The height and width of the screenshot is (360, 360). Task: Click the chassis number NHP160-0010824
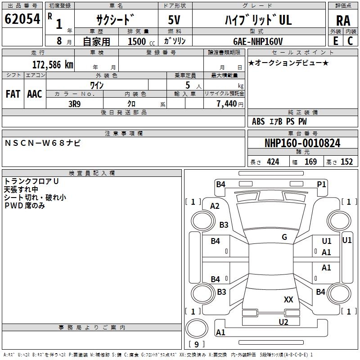click(302, 143)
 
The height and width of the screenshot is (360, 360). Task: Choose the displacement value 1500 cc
click(137, 41)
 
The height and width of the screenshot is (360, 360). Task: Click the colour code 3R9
click(75, 103)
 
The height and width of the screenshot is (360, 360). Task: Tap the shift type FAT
click(13, 94)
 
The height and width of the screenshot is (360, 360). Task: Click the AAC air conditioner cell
click(35, 94)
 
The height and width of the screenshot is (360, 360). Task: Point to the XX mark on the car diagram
click(288, 299)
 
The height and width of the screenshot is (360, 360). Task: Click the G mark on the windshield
click(284, 237)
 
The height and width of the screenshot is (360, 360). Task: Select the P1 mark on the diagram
click(321, 184)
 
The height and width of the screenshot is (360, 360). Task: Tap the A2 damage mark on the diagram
click(215, 206)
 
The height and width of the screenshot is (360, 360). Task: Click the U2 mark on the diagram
click(283, 322)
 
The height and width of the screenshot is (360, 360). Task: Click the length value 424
click(273, 162)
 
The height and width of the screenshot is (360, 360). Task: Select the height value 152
click(346, 162)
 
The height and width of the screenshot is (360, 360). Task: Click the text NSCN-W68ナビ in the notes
click(43, 143)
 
